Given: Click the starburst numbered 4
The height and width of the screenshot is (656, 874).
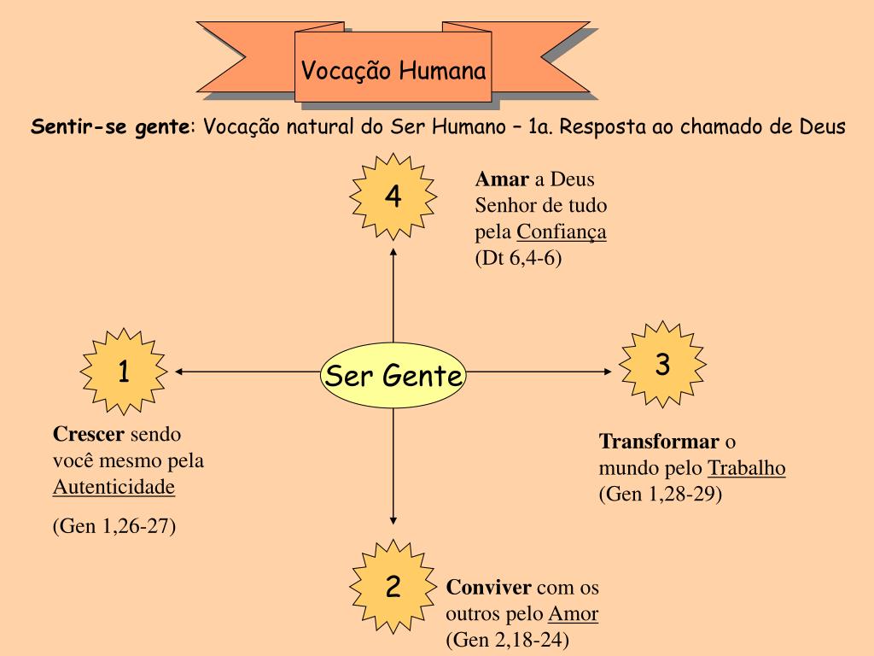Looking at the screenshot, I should tap(393, 197).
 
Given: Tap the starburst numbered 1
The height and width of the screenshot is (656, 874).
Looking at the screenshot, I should tap(124, 372).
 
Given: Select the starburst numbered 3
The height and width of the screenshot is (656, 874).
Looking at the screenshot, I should tap(662, 365).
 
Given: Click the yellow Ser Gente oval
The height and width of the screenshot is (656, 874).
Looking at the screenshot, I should tap(393, 375).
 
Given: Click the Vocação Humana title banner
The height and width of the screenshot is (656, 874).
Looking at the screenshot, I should tap(393, 70).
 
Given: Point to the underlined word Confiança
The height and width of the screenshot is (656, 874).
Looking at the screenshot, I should tap(562, 232).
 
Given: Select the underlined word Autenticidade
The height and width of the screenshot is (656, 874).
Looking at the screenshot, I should tap(114, 488).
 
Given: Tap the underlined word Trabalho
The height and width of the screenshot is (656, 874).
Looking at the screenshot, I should tap(747, 468).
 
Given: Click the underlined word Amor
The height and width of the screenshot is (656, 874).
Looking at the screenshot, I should tap(573, 613).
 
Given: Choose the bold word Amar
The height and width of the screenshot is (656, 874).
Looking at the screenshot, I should tap(502, 180).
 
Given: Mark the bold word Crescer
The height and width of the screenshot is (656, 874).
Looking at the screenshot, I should tap(88, 434).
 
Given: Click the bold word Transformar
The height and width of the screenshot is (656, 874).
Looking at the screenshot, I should tap(658, 442).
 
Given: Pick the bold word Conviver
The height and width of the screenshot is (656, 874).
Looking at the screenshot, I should tap(488, 588).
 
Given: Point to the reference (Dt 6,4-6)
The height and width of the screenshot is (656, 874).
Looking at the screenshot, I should tap(519, 259).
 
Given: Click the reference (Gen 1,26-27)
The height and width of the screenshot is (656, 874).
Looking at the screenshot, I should tap(114, 525).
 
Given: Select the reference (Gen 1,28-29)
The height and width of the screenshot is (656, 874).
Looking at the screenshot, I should tap(661, 494).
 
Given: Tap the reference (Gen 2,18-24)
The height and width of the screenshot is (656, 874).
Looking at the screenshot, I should tap(508, 639).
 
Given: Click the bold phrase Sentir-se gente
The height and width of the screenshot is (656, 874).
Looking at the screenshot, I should tap(111, 127).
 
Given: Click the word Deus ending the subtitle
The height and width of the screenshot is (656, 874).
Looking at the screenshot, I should tap(822, 127).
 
